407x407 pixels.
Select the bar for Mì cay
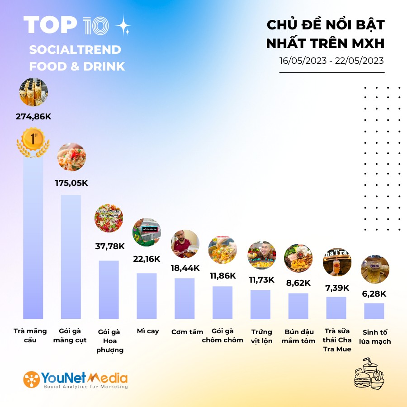(x=147, y=296)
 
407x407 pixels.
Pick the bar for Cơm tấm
(x=185, y=298)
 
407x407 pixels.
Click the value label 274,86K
(x=33, y=117)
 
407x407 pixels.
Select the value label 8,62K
(x=298, y=283)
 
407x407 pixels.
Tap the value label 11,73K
(x=261, y=279)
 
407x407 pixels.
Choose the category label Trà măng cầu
(x=31, y=336)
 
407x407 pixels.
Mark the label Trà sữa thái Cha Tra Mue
(x=337, y=340)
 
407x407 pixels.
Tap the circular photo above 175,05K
(x=71, y=157)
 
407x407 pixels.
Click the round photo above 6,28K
(x=375, y=270)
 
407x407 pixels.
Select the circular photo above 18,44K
(x=185, y=244)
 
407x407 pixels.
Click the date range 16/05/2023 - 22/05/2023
(x=331, y=61)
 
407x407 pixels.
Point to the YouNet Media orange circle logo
(x=31, y=379)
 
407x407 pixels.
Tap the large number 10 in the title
(x=95, y=26)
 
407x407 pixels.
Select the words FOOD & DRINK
(x=77, y=66)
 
